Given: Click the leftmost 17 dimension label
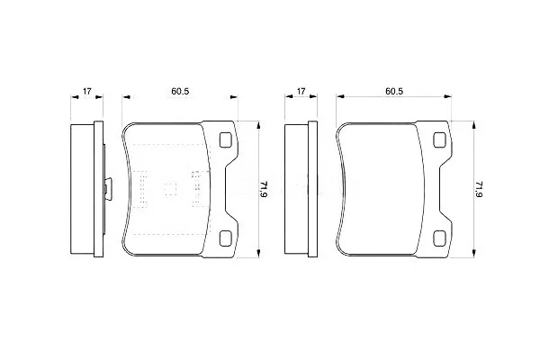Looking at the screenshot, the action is (86, 91).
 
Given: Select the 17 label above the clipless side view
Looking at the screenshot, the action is (301, 91).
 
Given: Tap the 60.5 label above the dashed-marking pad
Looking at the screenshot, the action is (180, 91).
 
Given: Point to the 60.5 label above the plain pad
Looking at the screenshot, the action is (394, 91).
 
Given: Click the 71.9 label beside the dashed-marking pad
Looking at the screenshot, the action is (264, 189).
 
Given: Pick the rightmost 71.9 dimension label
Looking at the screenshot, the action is (479, 189).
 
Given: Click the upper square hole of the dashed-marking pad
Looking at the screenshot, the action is (226, 139).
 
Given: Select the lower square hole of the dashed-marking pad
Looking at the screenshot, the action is (226, 238).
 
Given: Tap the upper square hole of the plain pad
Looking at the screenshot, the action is (440, 139).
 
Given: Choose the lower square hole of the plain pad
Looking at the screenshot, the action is (440, 238).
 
